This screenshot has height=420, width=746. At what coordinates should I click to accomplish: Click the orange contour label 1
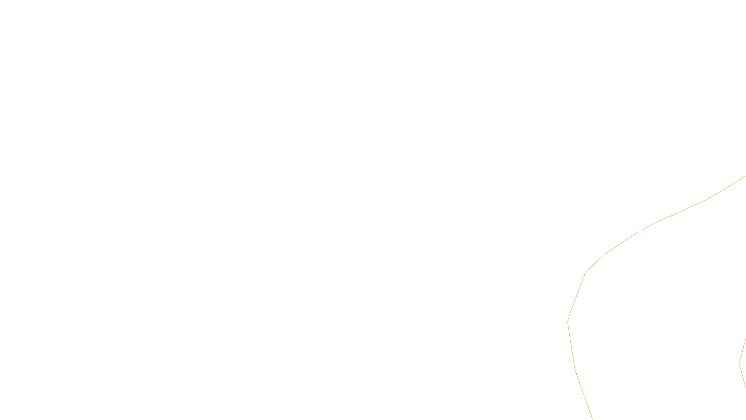640,231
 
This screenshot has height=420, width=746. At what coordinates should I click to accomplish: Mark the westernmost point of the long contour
568,322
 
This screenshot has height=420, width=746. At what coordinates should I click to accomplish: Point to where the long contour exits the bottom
592,419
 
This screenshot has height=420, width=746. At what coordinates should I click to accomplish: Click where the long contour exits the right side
745,176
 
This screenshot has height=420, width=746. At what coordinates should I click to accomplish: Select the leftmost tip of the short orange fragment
740,363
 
